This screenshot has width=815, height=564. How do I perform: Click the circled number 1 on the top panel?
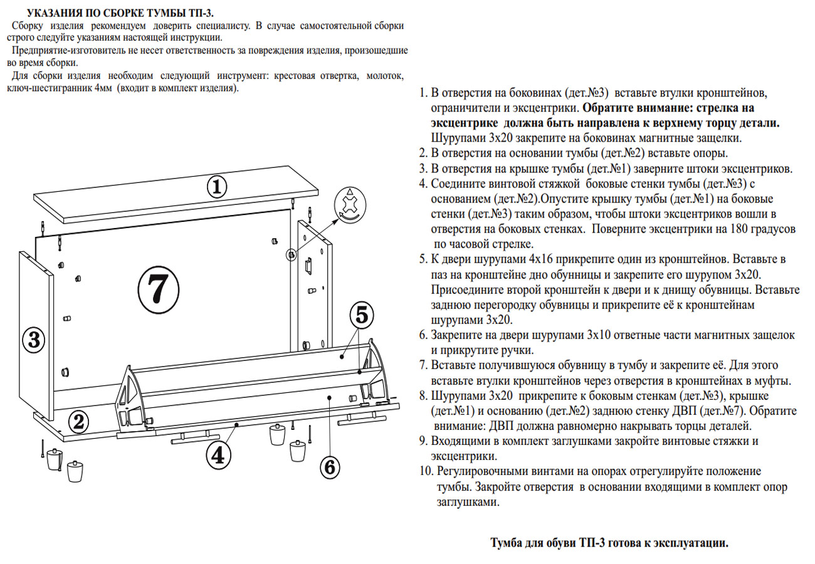click(216, 186)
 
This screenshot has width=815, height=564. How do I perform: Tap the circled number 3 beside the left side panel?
click(34, 340)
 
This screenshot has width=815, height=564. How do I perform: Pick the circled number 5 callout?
click(362, 315)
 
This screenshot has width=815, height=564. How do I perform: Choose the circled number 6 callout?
click(330, 467)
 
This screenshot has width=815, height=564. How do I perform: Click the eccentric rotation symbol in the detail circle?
click(347, 204)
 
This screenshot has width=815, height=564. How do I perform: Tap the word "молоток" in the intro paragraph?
click(384, 76)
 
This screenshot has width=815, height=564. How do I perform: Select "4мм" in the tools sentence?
click(103, 88)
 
